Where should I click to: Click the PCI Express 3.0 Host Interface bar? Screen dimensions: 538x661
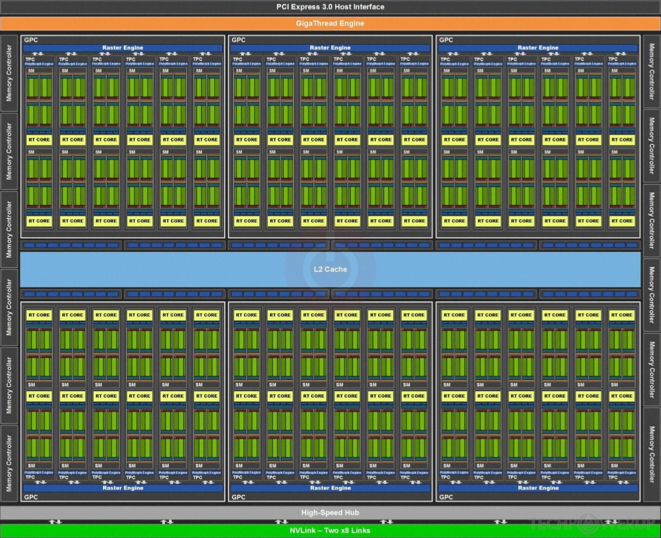pos(330,7)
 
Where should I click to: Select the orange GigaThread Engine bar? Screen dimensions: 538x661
pos(330,23)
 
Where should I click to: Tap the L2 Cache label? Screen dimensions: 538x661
pos(330,269)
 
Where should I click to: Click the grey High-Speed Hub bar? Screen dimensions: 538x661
pos(330,512)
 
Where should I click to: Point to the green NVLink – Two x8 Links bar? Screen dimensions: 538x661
pos(330,530)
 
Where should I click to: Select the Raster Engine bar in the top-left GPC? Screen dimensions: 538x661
pos(123,48)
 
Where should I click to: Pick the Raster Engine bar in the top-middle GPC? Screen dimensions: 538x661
pos(330,48)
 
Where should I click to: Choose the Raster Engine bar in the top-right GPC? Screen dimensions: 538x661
pos(538,48)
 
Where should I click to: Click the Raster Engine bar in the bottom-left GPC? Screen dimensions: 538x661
pos(123,488)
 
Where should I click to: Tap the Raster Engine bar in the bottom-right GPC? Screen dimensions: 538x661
pos(538,488)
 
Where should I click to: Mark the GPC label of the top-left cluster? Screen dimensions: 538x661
pos(31,40)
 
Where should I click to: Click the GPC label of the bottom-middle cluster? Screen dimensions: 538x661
pos(238,497)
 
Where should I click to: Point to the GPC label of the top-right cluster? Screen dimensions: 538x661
pos(446,40)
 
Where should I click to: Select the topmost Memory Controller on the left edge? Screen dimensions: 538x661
pos(9,73)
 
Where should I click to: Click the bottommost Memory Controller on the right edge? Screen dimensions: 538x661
pos(652,454)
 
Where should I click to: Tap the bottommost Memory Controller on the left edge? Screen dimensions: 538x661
pos(9,463)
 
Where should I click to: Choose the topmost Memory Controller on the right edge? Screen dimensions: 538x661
pos(652,72)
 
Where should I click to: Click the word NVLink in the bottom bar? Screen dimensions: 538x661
pos(302,530)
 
